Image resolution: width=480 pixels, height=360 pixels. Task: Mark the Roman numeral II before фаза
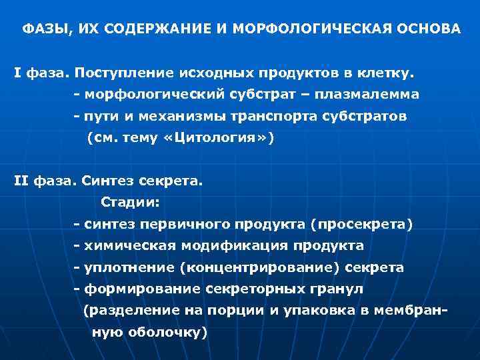20,180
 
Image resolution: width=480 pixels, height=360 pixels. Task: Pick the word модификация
233,246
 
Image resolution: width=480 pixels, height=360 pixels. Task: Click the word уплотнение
129,267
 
